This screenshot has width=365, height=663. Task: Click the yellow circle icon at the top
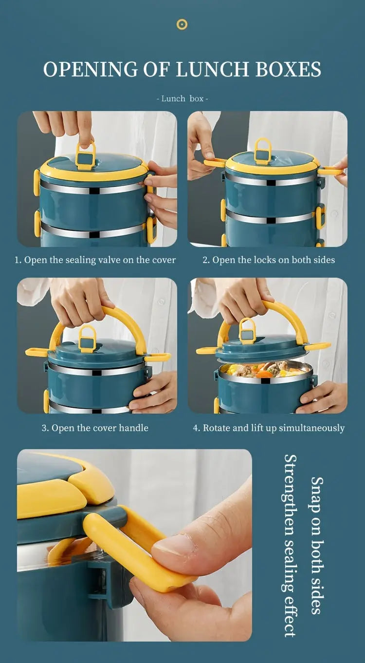[182, 24]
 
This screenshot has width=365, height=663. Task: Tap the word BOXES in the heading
[289, 70]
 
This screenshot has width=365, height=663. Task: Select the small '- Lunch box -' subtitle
[182, 98]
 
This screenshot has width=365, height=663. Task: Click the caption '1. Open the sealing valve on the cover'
[95, 260]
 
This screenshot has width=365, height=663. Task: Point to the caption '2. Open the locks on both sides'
[269, 260]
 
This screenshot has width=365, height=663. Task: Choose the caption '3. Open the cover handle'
[95, 428]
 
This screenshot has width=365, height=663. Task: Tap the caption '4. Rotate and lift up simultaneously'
[269, 428]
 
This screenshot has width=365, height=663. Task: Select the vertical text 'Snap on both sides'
[317, 545]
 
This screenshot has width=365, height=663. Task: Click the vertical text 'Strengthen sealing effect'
[290, 545]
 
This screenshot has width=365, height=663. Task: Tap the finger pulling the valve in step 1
[85, 129]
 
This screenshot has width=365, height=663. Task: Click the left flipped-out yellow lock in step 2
[215, 163]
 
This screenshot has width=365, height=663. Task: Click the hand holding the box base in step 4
[324, 395]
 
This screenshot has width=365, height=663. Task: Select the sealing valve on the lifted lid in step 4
[247, 331]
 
